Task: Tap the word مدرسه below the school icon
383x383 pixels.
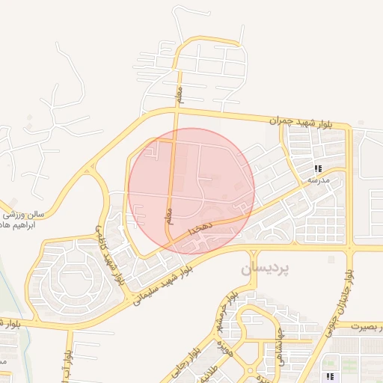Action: coord(319,180)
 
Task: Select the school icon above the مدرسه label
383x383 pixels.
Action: coord(318,169)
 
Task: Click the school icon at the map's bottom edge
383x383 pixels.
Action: coord(328,376)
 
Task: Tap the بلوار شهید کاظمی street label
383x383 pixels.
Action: coord(109,254)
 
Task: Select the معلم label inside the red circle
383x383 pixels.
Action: coord(169,217)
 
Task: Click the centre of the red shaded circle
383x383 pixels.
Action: coord(191,191)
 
